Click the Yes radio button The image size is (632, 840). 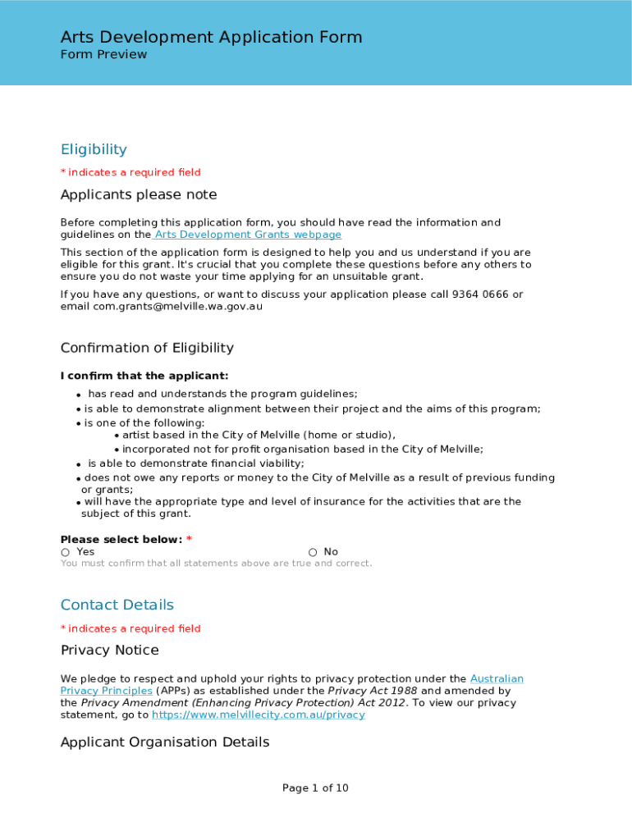pyautogui.click(x=66, y=552)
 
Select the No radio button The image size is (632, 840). pyautogui.click(x=313, y=552)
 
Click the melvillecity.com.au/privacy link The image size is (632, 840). pyautogui.click(x=258, y=714)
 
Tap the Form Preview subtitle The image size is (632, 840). pyautogui.click(x=103, y=54)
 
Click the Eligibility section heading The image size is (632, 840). pyautogui.click(x=94, y=149)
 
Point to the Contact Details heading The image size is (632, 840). pyautogui.click(x=117, y=605)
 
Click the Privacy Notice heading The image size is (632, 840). pyautogui.click(x=110, y=650)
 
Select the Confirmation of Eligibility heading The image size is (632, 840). pyautogui.click(x=147, y=348)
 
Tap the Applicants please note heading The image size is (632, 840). pyautogui.click(x=139, y=194)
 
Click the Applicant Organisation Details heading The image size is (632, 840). pyautogui.click(x=165, y=742)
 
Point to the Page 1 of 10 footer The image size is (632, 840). pyautogui.click(x=315, y=788)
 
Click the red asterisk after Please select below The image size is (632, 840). pyautogui.click(x=189, y=539)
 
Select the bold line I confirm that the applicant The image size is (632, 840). pyautogui.click(x=144, y=376)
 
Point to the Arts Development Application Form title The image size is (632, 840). pyautogui.click(x=211, y=37)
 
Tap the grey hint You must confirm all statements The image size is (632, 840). pyautogui.click(x=216, y=564)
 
